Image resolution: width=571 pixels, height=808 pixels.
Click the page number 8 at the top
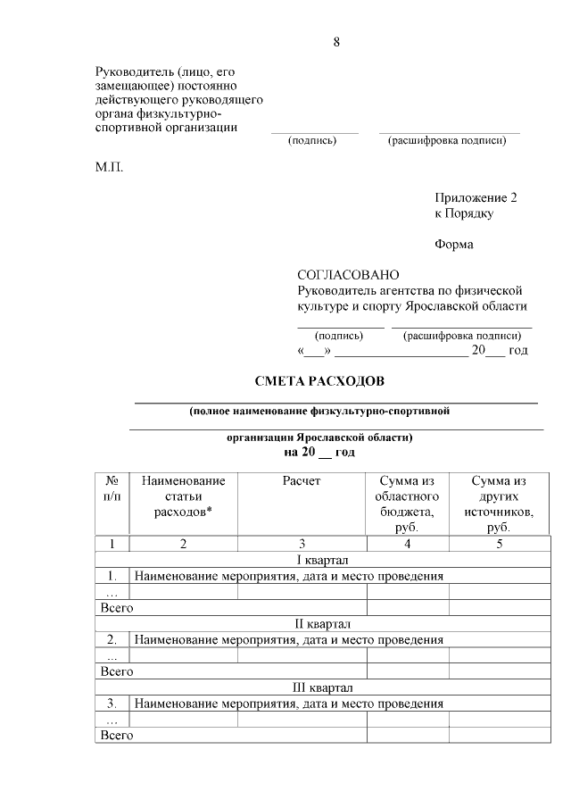pos(336,42)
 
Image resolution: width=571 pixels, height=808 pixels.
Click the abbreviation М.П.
pos(111,167)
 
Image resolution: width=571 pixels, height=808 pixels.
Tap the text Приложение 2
pos(476,197)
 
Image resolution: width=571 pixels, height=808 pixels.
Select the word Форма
pos(454,245)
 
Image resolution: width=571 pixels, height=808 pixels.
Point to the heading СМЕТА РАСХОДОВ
pos(319,382)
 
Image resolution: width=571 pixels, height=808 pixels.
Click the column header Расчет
pos(302,481)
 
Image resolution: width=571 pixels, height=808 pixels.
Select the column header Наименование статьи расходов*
pos(183,496)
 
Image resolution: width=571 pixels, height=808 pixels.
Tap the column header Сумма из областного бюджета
pos(407,504)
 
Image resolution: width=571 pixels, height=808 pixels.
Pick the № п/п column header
pos(112,488)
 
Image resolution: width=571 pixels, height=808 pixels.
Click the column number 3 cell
pos(302,543)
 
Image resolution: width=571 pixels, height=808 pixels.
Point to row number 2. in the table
pos(112,639)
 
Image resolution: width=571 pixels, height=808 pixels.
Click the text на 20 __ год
pos(319,453)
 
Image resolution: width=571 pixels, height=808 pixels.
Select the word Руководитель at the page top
pos(134,71)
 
